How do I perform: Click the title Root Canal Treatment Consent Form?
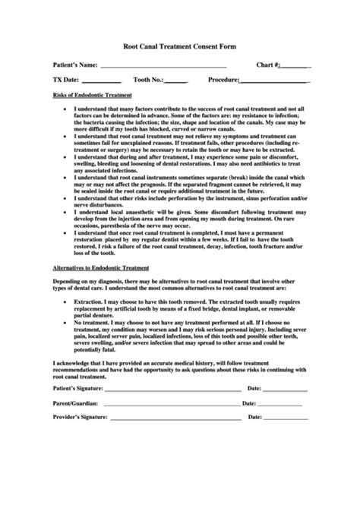pos(179,46)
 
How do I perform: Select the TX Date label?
pos(63,80)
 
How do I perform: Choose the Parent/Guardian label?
pos(74,404)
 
